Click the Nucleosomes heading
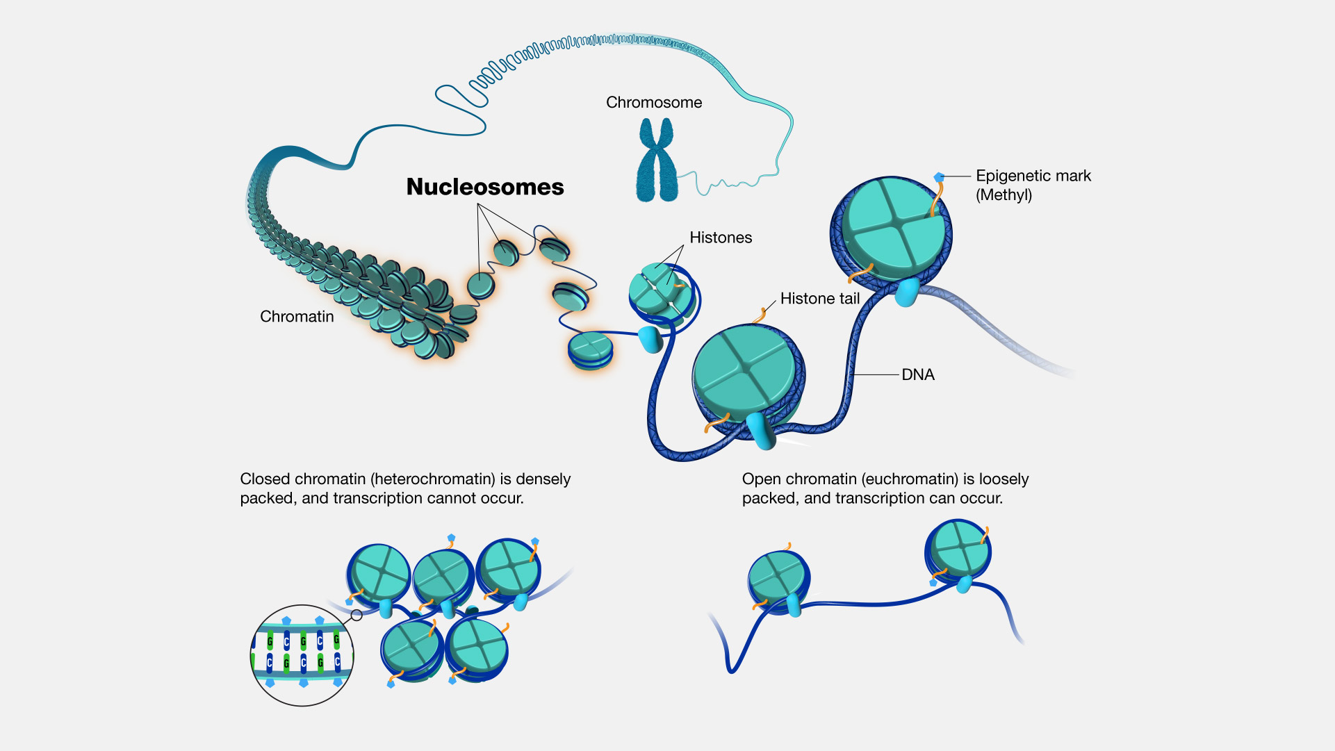pyautogui.click(x=485, y=187)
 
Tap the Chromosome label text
pyautogui.click(x=654, y=103)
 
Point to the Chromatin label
pyautogui.click(x=297, y=317)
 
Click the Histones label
pyautogui.click(x=721, y=238)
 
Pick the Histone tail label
pyautogui.click(x=820, y=299)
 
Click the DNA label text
pyautogui.click(x=918, y=375)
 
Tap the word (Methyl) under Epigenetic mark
pyautogui.click(x=1004, y=195)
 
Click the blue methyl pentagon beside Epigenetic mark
pyautogui.click(x=939, y=177)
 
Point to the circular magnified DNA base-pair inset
pyautogui.click(x=302, y=655)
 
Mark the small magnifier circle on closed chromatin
pyautogui.click(x=357, y=615)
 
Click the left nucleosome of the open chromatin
pyautogui.click(x=778, y=580)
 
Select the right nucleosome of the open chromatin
pyautogui.click(x=959, y=550)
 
